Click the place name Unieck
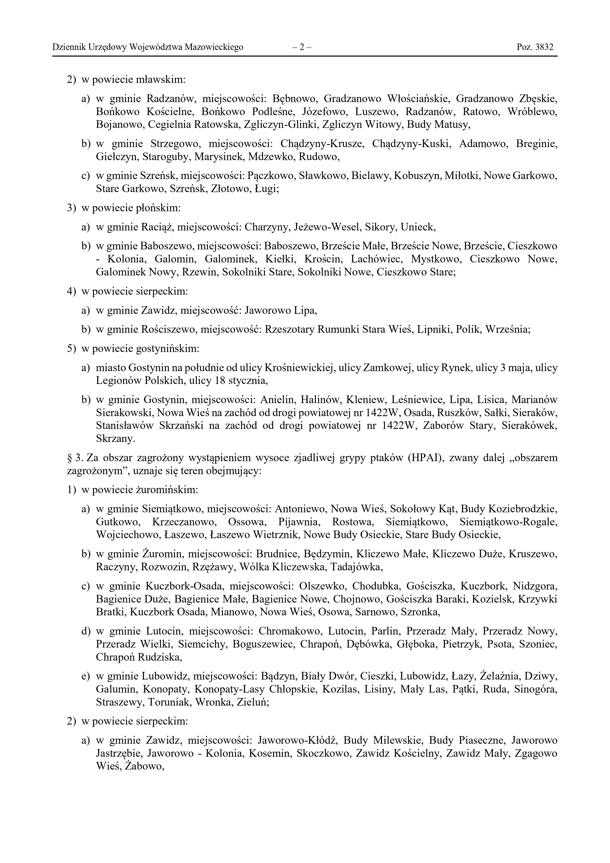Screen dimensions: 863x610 [x=418, y=227]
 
